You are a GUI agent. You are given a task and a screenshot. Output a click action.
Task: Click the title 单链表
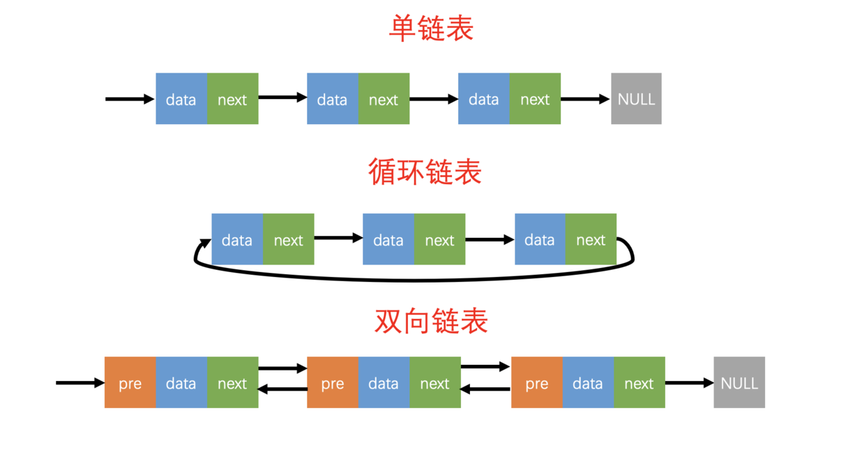[x=431, y=29]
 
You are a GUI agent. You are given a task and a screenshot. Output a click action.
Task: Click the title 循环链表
[x=425, y=172]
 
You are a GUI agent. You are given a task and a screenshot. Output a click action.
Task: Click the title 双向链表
[x=431, y=321]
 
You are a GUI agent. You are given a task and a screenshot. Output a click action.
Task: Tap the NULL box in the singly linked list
[x=636, y=99]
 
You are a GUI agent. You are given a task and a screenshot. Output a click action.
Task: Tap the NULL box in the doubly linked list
[x=739, y=382]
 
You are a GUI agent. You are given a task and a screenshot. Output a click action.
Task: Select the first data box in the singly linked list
[x=181, y=99]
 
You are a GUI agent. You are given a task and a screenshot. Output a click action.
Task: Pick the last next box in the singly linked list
[x=535, y=99]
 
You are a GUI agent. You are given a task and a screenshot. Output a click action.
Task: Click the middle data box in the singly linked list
[x=333, y=99]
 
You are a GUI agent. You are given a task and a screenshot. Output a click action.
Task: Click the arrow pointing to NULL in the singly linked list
[x=585, y=99]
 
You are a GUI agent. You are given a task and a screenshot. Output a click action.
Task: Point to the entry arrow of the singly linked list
[x=130, y=99]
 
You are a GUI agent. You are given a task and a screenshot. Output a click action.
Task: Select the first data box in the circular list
[x=237, y=239]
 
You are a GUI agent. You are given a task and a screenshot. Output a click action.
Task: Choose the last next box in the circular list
[x=591, y=239]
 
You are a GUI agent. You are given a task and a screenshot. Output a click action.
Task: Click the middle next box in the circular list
[x=439, y=239]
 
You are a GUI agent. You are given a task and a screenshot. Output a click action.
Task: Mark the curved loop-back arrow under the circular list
[x=414, y=278]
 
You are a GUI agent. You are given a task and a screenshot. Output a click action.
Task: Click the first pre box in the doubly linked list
[x=130, y=382]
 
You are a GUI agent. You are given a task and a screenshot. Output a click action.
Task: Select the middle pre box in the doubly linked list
[x=333, y=382]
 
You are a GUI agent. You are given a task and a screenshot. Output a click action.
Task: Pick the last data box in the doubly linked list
[x=588, y=382]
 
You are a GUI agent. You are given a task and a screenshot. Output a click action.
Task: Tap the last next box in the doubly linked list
[x=639, y=382]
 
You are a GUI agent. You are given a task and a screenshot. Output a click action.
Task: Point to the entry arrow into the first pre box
[x=80, y=382]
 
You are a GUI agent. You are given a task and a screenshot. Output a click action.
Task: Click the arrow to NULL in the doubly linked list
[x=689, y=382]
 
